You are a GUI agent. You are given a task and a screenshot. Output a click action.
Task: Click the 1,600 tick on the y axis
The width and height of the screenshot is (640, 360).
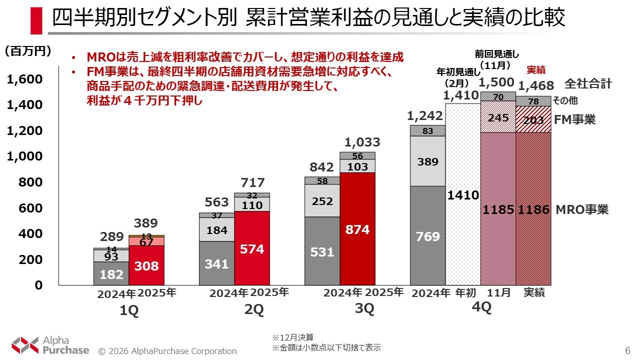coord(24,80)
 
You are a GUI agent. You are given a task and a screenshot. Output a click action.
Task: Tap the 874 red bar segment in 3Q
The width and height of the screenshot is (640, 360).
coord(357,229)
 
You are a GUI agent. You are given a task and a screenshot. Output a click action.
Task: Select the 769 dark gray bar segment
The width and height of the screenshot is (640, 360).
coord(427,236)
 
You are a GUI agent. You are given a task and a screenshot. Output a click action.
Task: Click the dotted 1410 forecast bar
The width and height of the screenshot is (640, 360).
coord(463,195)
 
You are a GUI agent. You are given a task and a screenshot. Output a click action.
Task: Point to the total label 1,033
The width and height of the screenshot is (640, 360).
coord(362,142)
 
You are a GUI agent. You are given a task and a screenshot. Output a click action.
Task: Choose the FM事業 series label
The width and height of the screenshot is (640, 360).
coord(574,120)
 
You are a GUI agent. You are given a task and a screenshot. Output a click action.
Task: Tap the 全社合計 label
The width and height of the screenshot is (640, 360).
coord(588,83)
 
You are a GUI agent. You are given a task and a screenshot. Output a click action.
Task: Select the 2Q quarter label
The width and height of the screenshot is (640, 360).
coord(254,309)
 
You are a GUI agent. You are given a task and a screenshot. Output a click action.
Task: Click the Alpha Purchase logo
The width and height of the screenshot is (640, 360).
coord(50,344)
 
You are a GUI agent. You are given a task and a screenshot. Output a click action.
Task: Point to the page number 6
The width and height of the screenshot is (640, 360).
coord(627,350)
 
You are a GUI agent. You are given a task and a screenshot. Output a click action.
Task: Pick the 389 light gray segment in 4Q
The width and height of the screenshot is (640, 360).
coord(427,161)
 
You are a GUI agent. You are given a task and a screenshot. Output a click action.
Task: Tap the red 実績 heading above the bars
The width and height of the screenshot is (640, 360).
coord(535,70)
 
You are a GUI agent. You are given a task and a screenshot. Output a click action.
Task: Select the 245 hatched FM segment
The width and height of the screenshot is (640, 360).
coord(498,117)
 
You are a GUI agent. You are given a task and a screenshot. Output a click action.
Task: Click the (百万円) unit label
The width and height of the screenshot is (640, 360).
coord(27,51)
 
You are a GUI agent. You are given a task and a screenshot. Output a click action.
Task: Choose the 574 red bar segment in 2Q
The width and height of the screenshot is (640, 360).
coord(252,248)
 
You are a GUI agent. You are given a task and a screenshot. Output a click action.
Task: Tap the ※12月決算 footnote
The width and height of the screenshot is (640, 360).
coord(293,337)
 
